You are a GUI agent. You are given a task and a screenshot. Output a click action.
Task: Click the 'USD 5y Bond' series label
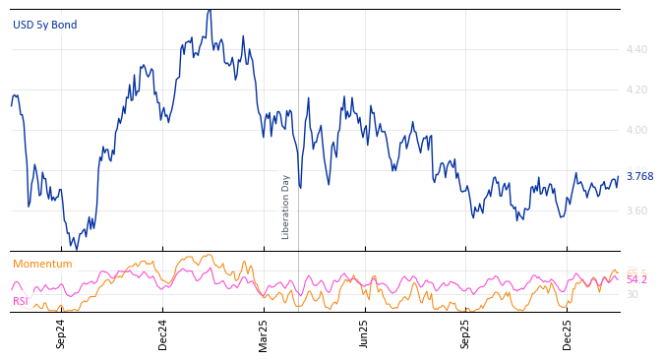(x=44, y=25)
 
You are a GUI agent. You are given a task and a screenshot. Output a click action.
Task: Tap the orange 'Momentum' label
(x=42, y=264)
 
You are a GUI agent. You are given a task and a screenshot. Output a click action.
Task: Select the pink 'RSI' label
(x=21, y=301)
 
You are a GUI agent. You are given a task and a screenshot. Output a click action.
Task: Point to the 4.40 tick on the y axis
(x=636, y=49)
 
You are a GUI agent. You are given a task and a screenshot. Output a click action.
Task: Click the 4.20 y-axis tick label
(x=636, y=90)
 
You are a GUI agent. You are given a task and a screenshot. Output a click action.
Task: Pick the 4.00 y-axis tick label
(x=636, y=130)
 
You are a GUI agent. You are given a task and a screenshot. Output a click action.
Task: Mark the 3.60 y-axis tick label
(x=636, y=210)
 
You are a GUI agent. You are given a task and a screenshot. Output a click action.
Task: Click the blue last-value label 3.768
(x=639, y=177)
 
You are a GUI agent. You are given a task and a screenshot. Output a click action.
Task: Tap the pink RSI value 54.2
(x=636, y=280)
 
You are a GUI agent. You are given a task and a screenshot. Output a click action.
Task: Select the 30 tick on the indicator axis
(x=633, y=294)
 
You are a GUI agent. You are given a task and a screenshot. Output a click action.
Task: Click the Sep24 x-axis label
(x=61, y=333)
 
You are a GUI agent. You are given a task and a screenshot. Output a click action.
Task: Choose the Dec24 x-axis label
(x=163, y=333)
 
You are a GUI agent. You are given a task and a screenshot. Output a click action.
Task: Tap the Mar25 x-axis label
(x=264, y=333)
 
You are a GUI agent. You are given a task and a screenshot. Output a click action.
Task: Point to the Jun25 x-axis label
(x=364, y=333)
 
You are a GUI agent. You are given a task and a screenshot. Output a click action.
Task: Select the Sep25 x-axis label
(x=466, y=333)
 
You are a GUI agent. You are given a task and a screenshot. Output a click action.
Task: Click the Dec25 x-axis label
(x=568, y=333)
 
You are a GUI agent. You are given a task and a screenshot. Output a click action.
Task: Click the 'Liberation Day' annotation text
(x=286, y=207)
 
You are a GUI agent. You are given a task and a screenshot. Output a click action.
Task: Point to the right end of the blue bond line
(x=618, y=177)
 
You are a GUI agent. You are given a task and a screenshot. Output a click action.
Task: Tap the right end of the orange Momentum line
(x=618, y=272)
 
